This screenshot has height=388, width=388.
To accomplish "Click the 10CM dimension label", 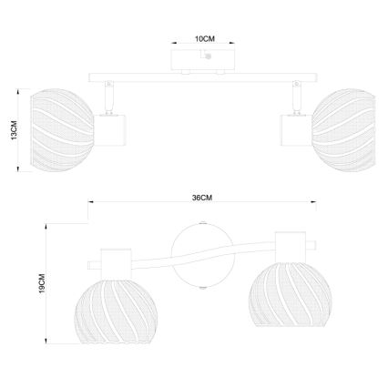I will click(x=204, y=40).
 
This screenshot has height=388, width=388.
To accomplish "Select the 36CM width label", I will click(x=202, y=199).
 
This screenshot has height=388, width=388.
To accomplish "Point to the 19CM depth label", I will click(x=37, y=284).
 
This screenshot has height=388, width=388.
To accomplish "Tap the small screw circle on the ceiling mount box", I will click(x=209, y=57).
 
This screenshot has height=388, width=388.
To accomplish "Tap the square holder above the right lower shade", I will click(x=291, y=243).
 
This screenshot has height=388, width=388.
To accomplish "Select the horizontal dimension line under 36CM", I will click(x=202, y=205).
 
